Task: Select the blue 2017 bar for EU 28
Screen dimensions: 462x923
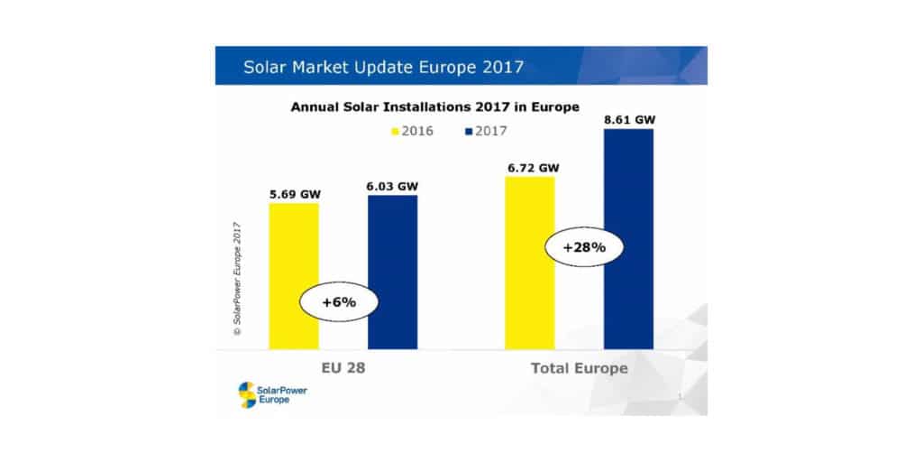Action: (392, 271)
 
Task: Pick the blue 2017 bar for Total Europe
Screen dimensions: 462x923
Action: (628, 238)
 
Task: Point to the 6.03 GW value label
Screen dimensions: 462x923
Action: (393, 186)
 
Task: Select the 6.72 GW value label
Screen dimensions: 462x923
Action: (530, 168)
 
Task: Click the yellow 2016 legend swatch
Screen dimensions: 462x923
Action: (394, 132)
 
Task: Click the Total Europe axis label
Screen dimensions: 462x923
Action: (579, 369)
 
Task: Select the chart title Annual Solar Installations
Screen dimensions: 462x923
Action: (434, 106)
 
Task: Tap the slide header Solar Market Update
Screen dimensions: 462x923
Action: (383, 67)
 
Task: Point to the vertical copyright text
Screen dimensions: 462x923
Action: (237, 278)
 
